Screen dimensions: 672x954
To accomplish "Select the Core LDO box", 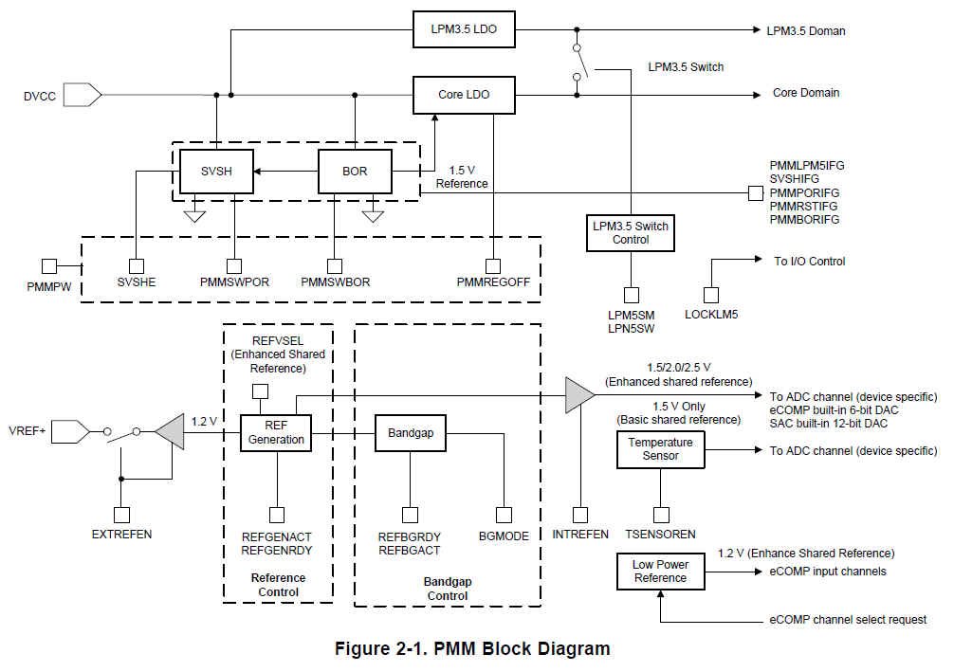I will [463, 94].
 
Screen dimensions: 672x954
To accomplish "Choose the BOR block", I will [354, 173].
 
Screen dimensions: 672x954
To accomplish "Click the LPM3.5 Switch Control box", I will [630, 233].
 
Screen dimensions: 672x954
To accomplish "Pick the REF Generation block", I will [276, 432].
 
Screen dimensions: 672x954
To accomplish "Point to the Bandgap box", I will [411, 432].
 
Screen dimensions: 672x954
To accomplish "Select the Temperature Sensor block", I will [660, 449].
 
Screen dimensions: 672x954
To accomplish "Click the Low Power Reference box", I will [660, 572].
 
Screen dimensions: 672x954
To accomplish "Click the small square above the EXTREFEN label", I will [121, 515].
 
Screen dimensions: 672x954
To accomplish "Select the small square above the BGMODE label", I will [504, 515].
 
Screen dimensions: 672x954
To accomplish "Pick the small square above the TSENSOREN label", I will [659, 515].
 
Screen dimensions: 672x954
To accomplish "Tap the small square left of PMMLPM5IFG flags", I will [755, 192].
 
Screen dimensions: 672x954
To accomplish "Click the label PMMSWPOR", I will [234, 282].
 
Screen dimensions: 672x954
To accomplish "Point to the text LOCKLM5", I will [711, 315].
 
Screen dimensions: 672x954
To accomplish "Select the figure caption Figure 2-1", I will [471, 649].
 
